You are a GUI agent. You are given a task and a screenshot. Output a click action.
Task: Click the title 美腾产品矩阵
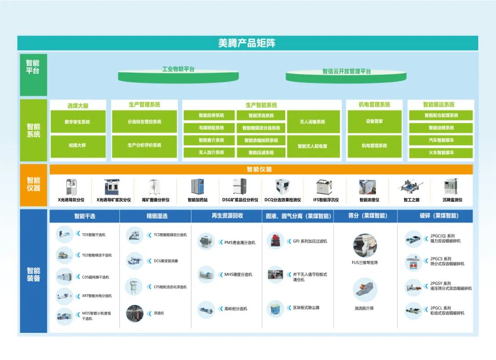tap(247, 44)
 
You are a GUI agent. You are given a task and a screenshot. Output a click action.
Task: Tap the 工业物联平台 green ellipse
tap(178, 73)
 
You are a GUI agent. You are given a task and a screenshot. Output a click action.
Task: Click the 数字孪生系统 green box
tap(78, 122)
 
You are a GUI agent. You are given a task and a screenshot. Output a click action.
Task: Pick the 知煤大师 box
tap(78, 146)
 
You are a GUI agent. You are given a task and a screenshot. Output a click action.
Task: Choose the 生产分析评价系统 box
tap(144, 146)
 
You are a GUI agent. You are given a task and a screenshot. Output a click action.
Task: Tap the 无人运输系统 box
tap(312, 122)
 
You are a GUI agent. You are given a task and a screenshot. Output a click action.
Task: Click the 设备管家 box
tap(374, 122)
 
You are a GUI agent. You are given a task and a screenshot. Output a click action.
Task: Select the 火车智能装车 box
tap(440, 152)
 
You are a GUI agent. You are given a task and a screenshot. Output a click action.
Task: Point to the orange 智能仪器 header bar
tap(260, 169)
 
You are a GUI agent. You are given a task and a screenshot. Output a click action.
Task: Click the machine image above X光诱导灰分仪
tap(71, 187)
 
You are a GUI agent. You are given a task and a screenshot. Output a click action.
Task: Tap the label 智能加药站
tap(198, 200)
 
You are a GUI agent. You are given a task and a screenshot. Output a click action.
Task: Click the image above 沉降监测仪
tap(452, 187)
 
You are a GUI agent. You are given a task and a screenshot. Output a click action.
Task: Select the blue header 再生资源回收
tap(227, 216)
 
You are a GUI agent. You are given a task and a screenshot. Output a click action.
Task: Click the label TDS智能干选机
tap(94, 235)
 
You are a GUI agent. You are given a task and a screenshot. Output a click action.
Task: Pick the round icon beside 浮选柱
tap(135, 313)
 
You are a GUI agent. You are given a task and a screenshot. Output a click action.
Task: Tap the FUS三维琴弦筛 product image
tap(365, 245)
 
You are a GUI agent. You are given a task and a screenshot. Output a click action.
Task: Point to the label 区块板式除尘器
tap(306, 308)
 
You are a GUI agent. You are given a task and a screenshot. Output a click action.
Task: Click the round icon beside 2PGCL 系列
tap(413, 311)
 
